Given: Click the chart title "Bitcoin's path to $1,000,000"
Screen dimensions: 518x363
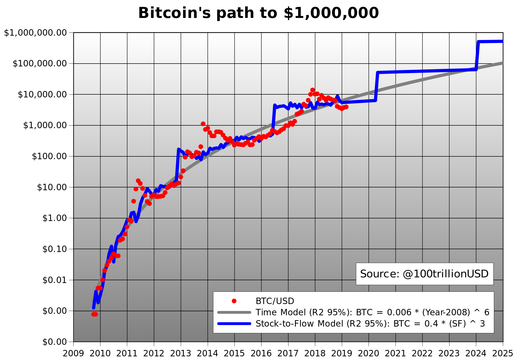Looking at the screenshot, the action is coord(258,13).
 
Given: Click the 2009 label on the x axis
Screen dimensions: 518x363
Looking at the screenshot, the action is coord(73,354).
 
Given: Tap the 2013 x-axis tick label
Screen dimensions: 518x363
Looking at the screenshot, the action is coord(181,354).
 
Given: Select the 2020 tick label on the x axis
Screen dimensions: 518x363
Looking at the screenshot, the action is coord(369,354).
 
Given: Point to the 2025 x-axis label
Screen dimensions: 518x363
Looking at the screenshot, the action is coord(503,354).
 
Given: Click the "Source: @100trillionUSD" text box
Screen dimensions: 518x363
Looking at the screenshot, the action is coord(425,274).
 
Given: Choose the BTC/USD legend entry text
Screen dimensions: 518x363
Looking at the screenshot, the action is coord(275,301).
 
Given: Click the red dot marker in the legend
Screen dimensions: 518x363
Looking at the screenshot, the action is coord(234,301).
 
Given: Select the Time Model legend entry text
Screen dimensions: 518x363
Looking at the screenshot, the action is coord(373,312).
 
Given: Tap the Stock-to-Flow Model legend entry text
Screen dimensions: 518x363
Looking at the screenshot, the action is coord(370,324).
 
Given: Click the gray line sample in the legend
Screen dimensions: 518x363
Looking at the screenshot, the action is coord(234,312).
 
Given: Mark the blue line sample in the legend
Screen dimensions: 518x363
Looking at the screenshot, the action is coord(234,324).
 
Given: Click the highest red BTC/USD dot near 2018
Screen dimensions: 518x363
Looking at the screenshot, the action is coord(312,90).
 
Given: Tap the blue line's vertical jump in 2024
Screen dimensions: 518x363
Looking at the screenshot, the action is coord(477,55).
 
